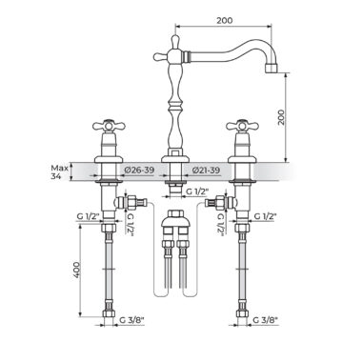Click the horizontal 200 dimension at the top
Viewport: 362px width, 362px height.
pyautogui.click(x=225, y=21)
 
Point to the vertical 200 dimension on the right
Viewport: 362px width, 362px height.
pyautogui.click(x=281, y=117)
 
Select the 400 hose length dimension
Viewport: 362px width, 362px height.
pyautogui.click(x=76, y=271)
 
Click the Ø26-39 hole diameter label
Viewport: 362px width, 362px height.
pyautogui.click(x=139, y=171)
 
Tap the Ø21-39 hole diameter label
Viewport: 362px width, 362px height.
pyautogui.click(x=206, y=171)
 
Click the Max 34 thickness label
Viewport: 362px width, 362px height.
pyautogui.click(x=58, y=171)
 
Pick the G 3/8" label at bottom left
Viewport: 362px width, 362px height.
pyautogui.click(x=131, y=320)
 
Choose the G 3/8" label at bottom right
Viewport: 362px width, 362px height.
pyautogui.click(x=266, y=320)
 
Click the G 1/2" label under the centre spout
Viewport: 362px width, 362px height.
pyautogui.click(x=197, y=191)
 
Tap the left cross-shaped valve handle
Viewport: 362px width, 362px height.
pyautogui.click(x=109, y=126)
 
